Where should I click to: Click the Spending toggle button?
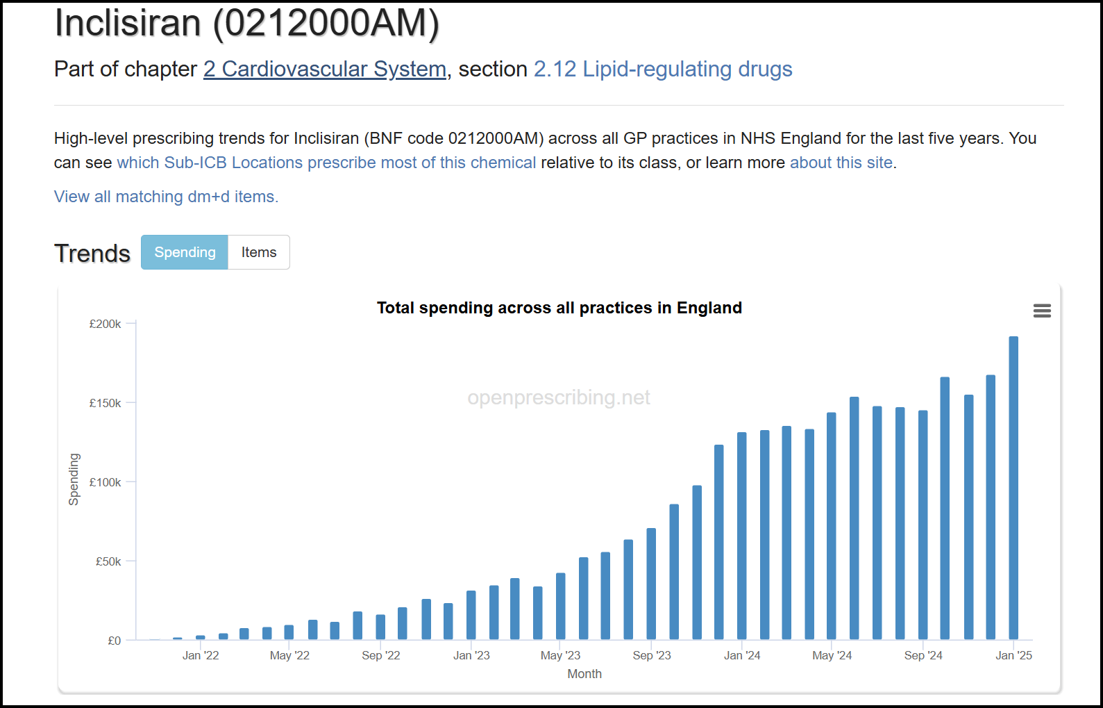pyautogui.click(x=185, y=252)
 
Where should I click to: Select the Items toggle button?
pyautogui.click(x=259, y=252)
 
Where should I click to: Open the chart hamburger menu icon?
pyautogui.click(x=1042, y=311)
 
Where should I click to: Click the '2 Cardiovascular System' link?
pyautogui.click(x=324, y=69)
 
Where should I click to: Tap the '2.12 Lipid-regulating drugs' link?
pyautogui.click(x=662, y=69)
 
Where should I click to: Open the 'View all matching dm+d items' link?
pyautogui.click(x=166, y=197)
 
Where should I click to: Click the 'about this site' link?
pyautogui.click(x=841, y=163)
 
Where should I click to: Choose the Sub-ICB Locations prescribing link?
pyautogui.click(x=326, y=163)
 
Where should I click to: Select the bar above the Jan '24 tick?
pyautogui.click(x=741, y=536)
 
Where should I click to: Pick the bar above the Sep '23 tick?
pyautogui.click(x=651, y=584)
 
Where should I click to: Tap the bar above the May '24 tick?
pyautogui.click(x=832, y=526)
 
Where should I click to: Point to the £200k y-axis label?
pyautogui.click(x=105, y=324)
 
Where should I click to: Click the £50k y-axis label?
pyautogui.click(x=108, y=561)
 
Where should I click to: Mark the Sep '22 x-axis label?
pyautogui.click(x=380, y=655)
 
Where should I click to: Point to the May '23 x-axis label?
pyautogui.click(x=560, y=655)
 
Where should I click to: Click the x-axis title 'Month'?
pyautogui.click(x=584, y=674)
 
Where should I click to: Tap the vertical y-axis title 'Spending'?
pyautogui.click(x=74, y=479)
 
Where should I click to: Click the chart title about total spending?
pyautogui.click(x=559, y=308)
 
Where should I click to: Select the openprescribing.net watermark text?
pyautogui.click(x=559, y=397)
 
